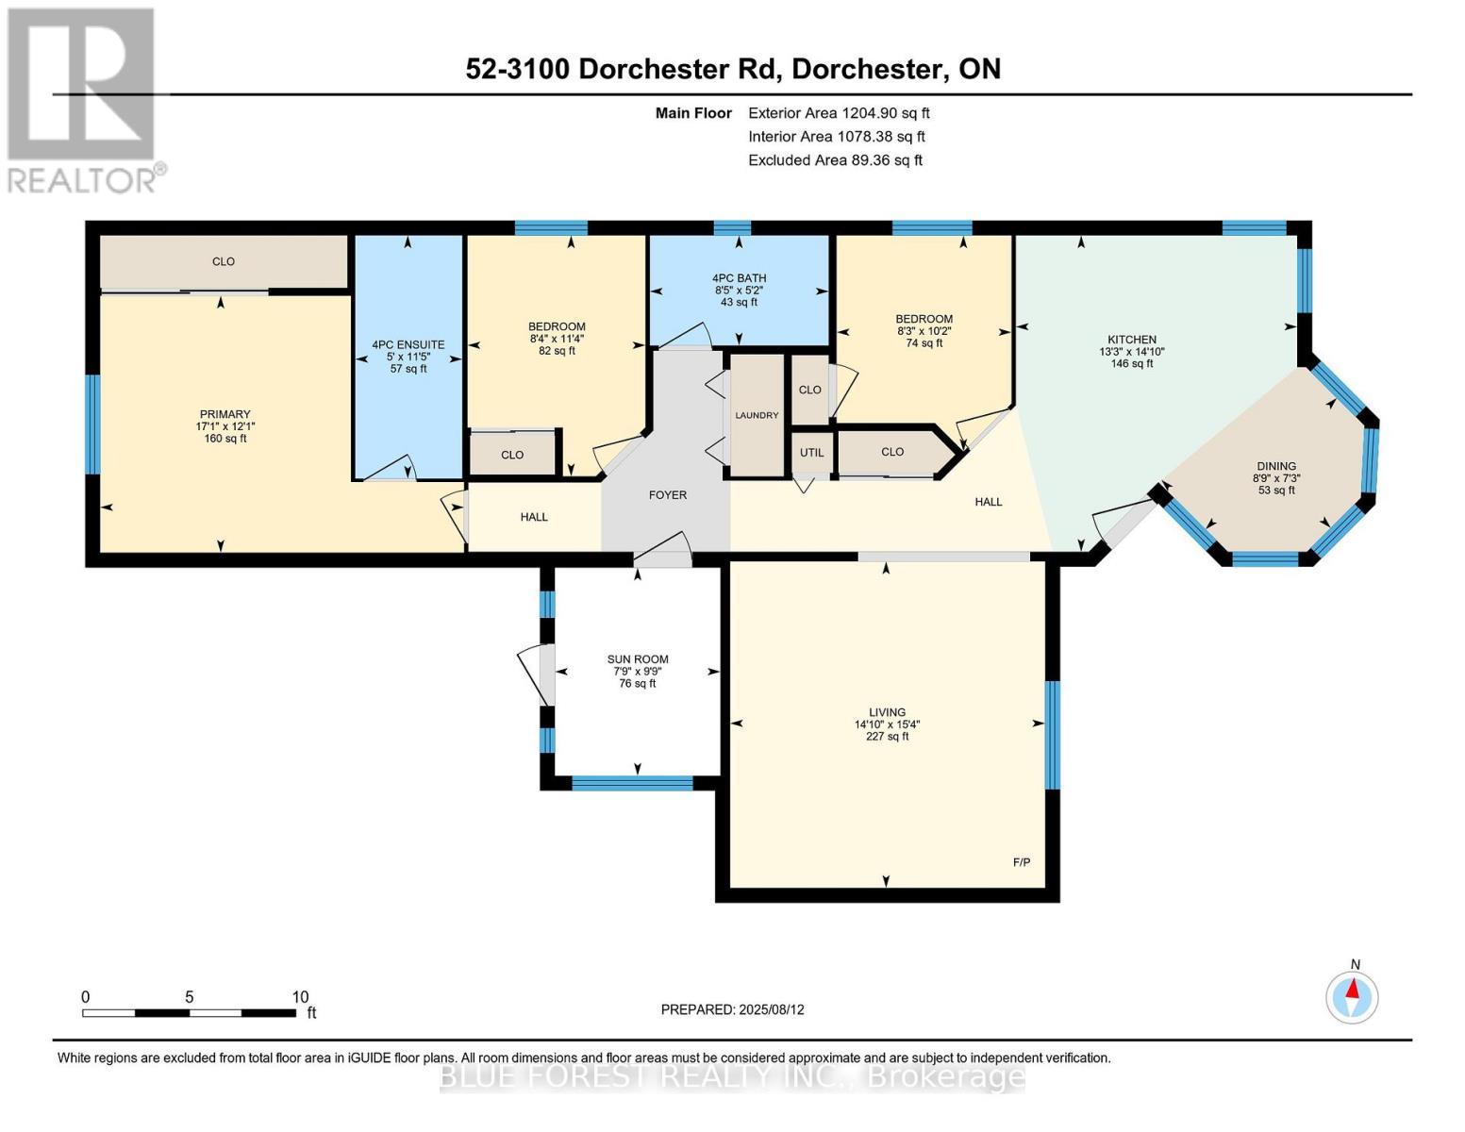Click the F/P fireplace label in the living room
pyautogui.click(x=1021, y=862)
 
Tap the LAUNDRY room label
pyautogui.click(x=757, y=415)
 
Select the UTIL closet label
pyautogui.click(x=811, y=453)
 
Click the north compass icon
pyautogui.click(x=1352, y=996)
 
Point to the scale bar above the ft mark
pyautogui.click(x=189, y=1013)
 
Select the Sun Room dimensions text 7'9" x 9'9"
pyautogui.click(x=638, y=672)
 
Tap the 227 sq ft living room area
pyautogui.click(x=887, y=737)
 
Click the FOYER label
pyautogui.click(x=668, y=494)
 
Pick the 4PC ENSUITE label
pyautogui.click(x=408, y=344)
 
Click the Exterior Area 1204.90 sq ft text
pyautogui.click(x=839, y=113)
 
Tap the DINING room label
pyautogui.click(x=1275, y=466)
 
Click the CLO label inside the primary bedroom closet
pyautogui.click(x=224, y=261)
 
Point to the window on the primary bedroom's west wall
pyautogui.click(x=92, y=424)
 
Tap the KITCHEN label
pyautogui.click(x=1131, y=340)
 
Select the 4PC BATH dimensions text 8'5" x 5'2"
pyautogui.click(x=739, y=291)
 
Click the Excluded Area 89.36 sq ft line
pyautogui.click(x=835, y=160)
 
